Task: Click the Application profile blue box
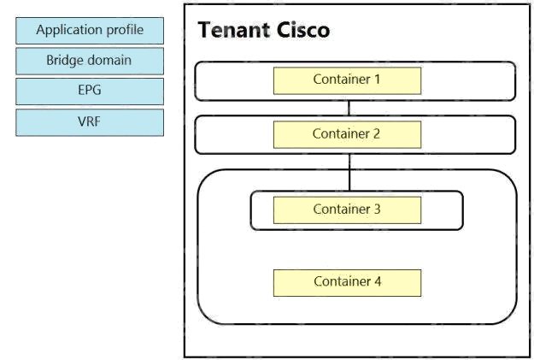click(x=90, y=31)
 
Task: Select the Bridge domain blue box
click(x=90, y=61)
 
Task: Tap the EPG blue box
click(x=90, y=91)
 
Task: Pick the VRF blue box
click(x=90, y=122)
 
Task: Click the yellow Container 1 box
click(x=347, y=80)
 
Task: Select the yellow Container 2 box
click(x=347, y=134)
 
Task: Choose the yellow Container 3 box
click(x=347, y=210)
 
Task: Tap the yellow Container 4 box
click(x=347, y=283)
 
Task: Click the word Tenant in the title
click(x=233, y=30)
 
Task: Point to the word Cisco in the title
click(x=303, y=30)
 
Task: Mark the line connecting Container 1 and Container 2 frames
click(x=349, y=108)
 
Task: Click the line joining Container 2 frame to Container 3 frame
click(x=349, y=172)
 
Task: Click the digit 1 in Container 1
click(x=377, y=79)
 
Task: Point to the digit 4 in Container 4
click(x=378, y=281)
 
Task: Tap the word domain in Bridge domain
click(x=110, y=60)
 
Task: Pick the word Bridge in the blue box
click(x=66, y=61)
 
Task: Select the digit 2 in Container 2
click(x=376, y=133)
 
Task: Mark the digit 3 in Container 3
click(x=377, y=209)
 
